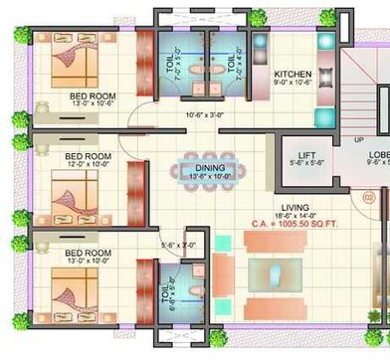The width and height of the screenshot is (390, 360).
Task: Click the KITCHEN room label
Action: tap(293, 75)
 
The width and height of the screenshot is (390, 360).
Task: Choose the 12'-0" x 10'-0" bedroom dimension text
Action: tap(88, 166)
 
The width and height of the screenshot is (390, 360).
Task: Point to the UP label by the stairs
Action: tap(358, 139)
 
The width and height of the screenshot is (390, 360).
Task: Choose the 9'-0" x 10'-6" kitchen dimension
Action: tap(293, 85)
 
